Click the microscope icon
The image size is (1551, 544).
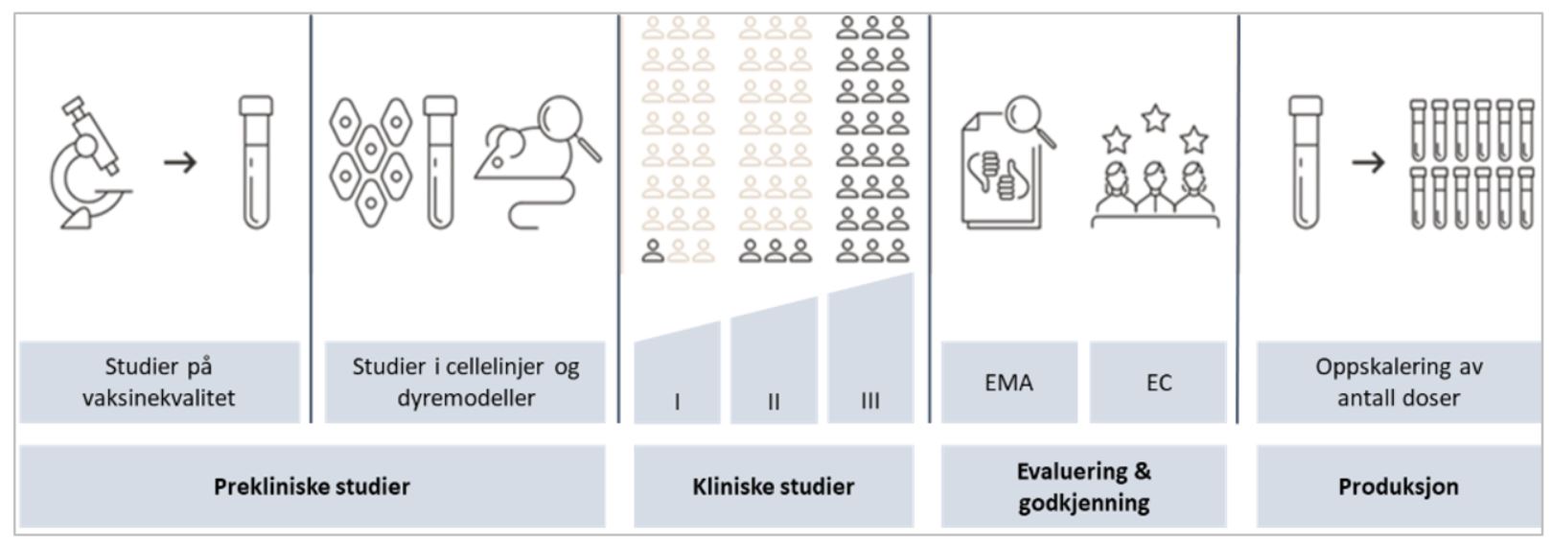point(88,163)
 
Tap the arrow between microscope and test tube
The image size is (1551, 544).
point(180,161)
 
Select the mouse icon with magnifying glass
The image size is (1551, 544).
point(537,163)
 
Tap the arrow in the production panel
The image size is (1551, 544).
point(1368,161)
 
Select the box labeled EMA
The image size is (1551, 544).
point(1008,383)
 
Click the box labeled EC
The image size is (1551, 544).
point(1158,383)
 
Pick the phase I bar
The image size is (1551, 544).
point(677,379)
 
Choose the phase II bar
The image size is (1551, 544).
point(774,369)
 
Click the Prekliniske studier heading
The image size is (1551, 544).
point(312,486)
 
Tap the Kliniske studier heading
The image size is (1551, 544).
point(773,486)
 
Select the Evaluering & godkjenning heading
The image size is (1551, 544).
point(1083,486)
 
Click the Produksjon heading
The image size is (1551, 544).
point(1399,486)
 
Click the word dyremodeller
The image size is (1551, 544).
point(466,398)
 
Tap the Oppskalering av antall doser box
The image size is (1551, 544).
point(1399,382)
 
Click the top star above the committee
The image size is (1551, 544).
point(1156,118)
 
